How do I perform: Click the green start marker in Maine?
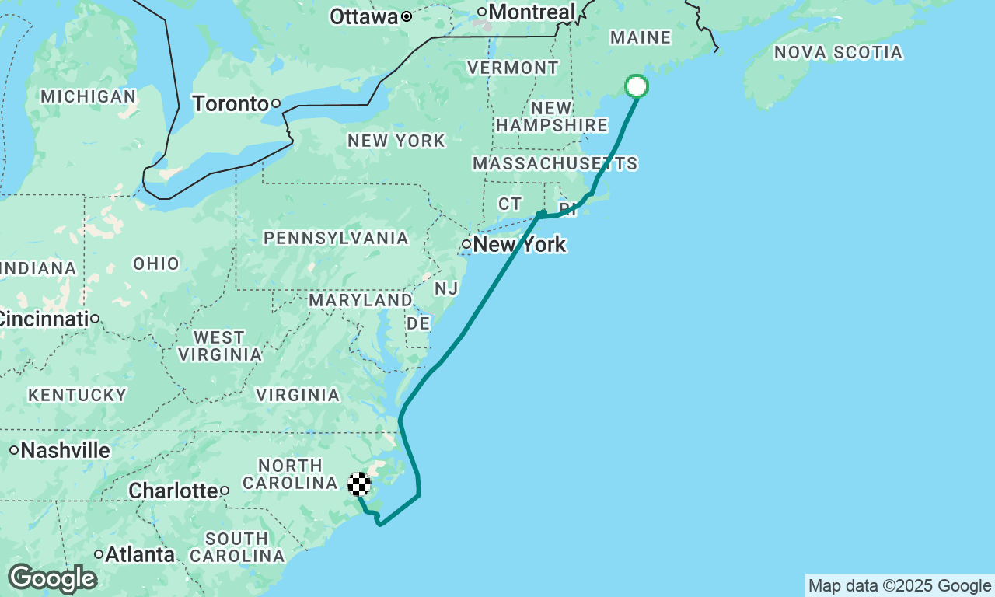tap(637, 86)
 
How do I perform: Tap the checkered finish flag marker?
tap(358, 484)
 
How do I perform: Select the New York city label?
tap(519, 245)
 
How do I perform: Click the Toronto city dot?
tap(275, 103)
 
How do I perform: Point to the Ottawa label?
tap(364, 16)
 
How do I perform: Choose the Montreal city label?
tap(532, 12)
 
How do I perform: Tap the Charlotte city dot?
tap(225, 491)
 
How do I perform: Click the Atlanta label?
tap(140, 555)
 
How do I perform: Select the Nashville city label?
tap(66, 450)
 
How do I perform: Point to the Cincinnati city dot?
tap(95, 319)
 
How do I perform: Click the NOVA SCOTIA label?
tap(839, 53)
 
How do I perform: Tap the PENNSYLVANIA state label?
tap(336, 238)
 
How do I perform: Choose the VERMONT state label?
tap(512, 68)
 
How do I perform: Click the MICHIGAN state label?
tap(89, 96)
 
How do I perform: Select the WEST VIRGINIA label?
tap(219, 346)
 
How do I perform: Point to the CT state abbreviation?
tap(510, 204)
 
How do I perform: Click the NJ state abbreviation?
tap(446, 288)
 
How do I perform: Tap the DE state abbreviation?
tap(418, 323)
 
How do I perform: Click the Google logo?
tap(52, 578)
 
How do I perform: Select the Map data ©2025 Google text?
tap(899, 586)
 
